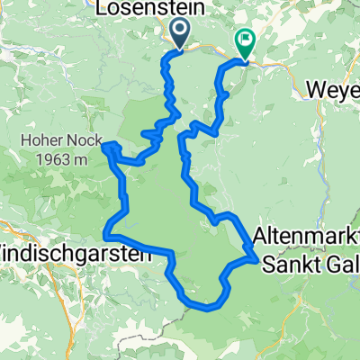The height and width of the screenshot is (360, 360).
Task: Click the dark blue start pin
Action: coord(178,33)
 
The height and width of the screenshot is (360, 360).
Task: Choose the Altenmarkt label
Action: coord(306,236)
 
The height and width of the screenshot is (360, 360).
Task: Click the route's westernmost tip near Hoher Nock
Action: coord(105,145)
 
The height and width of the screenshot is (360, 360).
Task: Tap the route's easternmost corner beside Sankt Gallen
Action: coord(258,260)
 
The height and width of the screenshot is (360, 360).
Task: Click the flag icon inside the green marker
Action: coord(245,40)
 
